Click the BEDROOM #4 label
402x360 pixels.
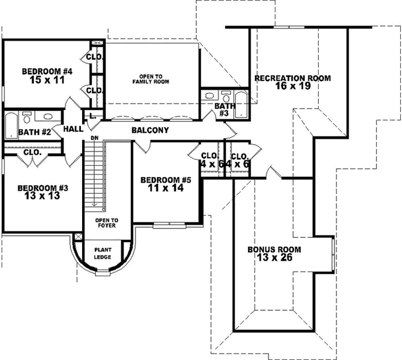coord(47,71)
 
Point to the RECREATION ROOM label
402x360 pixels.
coord(292,78)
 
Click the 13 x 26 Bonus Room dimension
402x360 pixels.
coord(270,257)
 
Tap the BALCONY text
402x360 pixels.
coord(150,130)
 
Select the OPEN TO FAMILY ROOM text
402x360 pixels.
coord(150,78)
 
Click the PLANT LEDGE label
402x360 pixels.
coord(103,253)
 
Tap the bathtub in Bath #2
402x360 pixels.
coord(11,125)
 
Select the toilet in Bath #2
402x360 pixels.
coord(27,118)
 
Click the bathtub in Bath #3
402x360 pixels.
coord(242,104)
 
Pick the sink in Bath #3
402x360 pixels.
coord(225,94)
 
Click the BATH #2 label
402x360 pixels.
coord(34,132)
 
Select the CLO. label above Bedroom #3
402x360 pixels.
coord(32,151)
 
